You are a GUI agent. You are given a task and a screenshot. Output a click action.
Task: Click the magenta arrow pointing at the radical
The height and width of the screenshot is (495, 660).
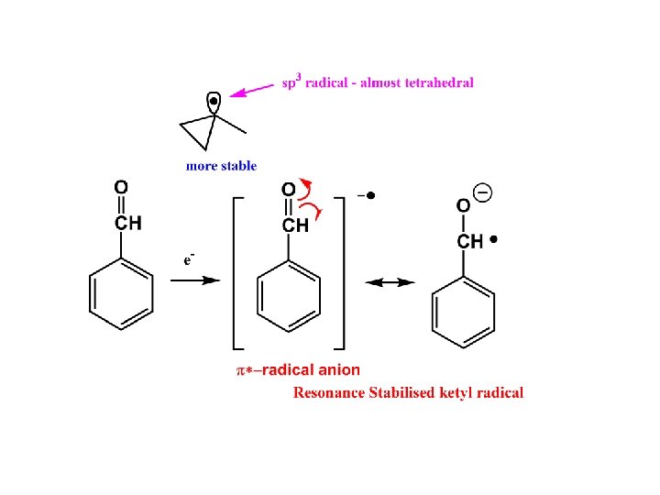[x=252, y=90]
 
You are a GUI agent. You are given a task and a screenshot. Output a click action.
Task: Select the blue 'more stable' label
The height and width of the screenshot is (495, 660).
[x=221, y=166]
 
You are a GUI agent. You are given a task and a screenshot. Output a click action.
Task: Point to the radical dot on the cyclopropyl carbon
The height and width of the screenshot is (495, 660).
[x=214, y=100]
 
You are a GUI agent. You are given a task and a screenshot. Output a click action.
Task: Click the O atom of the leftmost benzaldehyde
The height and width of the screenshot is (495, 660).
[x=121, y=188]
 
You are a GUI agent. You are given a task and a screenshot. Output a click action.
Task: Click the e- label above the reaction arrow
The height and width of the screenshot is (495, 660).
[x=187, y=259]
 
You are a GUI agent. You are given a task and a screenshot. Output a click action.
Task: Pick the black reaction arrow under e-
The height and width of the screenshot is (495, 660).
[x=194, y=280]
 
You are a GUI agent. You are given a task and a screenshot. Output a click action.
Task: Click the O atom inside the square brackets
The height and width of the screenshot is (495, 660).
[x=289, y=190]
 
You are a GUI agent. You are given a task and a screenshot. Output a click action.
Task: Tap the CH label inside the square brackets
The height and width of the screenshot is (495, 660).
[x=295, y=225]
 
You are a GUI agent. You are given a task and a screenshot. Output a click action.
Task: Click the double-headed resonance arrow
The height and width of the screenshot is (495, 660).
[x=390, y=283]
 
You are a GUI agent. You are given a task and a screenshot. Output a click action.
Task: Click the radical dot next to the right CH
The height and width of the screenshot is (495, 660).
[x=494, y=240]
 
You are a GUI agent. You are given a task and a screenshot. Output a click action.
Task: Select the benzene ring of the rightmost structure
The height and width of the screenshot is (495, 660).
[x=463, y=312]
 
